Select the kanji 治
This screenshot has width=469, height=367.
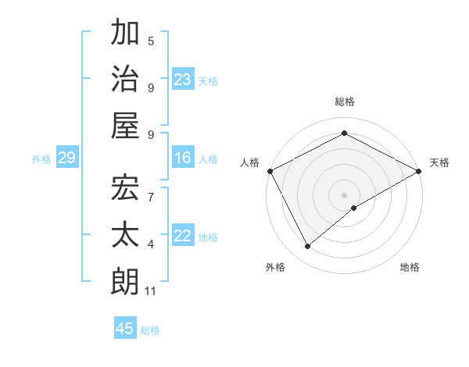125,79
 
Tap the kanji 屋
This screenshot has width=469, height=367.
125,125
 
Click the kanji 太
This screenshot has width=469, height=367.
125,234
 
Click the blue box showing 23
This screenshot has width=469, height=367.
183,79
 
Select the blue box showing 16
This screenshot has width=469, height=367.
183,159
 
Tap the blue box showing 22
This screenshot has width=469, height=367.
183,237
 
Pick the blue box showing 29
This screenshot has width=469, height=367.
66,159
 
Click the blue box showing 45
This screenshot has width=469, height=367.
125,329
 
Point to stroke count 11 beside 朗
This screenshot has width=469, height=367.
151,291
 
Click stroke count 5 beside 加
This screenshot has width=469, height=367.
151,41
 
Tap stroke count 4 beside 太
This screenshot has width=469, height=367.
151,244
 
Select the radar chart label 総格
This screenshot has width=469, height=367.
345,102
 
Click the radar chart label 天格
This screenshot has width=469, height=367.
439,162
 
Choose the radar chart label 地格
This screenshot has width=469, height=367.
410,267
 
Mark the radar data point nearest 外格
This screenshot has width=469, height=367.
308,247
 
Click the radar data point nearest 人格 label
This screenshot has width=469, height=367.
270,170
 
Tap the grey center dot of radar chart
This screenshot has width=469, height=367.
345,194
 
